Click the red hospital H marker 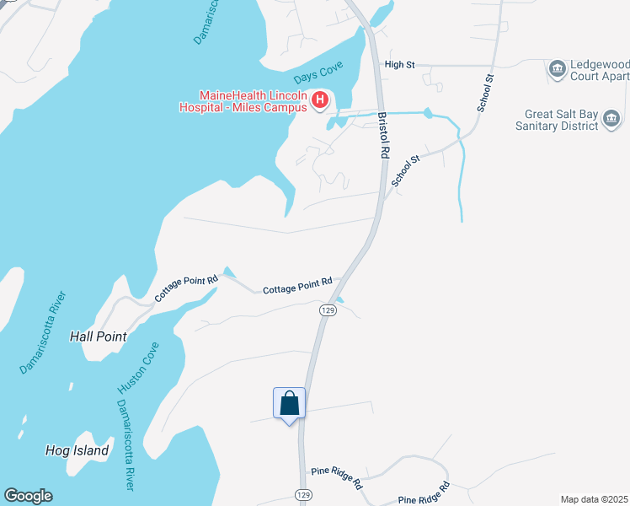point(319,101)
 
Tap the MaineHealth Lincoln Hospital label point(243,101)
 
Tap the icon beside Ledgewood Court point(557,68)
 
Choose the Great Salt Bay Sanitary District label point(557,120)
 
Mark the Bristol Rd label point(383,136)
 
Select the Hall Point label point(99,336)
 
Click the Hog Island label point(77,450)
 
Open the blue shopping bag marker point(289,403)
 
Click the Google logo point(28,496)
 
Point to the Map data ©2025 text point(594,499)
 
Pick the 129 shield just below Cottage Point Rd point(327,310)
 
